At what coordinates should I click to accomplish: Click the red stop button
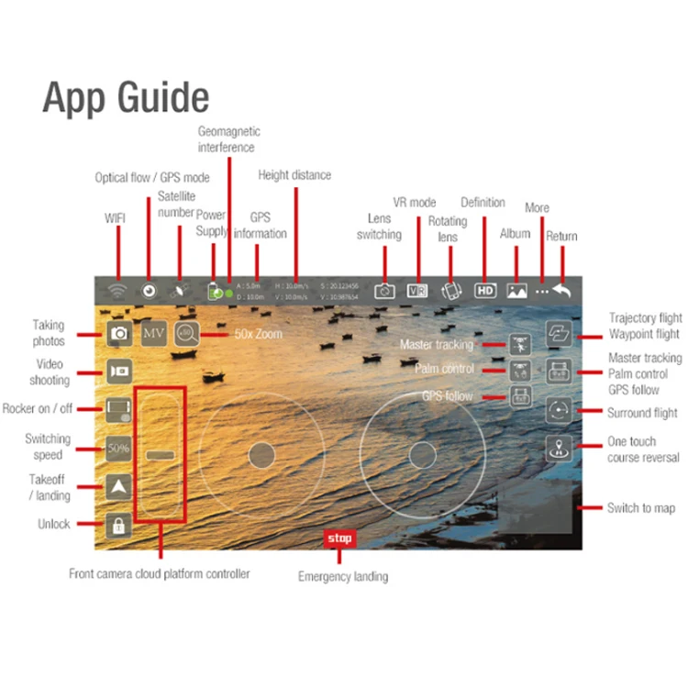[x=339, y=538]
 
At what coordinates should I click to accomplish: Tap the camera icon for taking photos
[x=118, y=333]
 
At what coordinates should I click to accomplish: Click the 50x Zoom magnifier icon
[x=187, y=334]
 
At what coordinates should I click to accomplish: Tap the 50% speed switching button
[x=118, y=449]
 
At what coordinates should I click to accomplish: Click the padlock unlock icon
[x=118, y=525]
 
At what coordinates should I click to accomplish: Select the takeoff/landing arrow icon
[x=118, y=487]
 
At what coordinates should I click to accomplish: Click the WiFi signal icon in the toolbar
[x=117, y=290]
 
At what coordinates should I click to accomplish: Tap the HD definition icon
[x=485, y=290]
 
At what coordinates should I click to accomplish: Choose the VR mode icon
[x=417, y=290]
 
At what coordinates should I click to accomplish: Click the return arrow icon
[x=561, y=290]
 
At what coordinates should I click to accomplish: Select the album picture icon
[x=516, y=290]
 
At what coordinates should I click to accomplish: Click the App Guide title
[x=126, y=97]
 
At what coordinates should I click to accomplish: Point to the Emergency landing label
[x=343, y=577]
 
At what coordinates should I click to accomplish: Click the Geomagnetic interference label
[x=227, y=139]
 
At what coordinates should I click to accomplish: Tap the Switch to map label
[x=641, y=507]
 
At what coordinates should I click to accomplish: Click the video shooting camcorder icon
[x=118, y=371]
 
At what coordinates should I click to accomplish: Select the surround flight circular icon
[x=560, y=410]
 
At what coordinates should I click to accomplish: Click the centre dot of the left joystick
[x=261, y=453]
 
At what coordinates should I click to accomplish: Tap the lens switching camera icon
[x=384, y=290]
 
